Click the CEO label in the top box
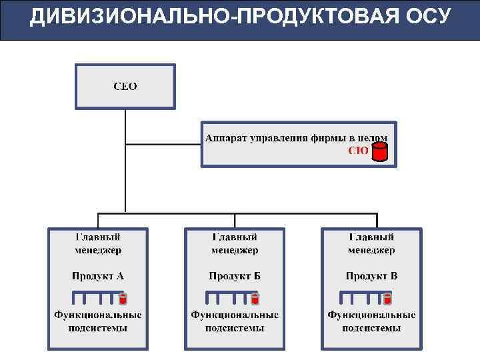(125, 87)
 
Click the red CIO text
(359, 151)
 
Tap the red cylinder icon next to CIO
(379, 152)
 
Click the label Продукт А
(98, 275)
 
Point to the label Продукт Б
(235, 275)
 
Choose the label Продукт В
(371, 275)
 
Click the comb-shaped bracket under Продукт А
(93, 296)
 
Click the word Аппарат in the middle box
(225, 138)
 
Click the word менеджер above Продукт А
(98, 251)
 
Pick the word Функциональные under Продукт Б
(235, 315)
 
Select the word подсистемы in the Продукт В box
(371, 328)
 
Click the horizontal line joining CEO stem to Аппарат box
(163, 143)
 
